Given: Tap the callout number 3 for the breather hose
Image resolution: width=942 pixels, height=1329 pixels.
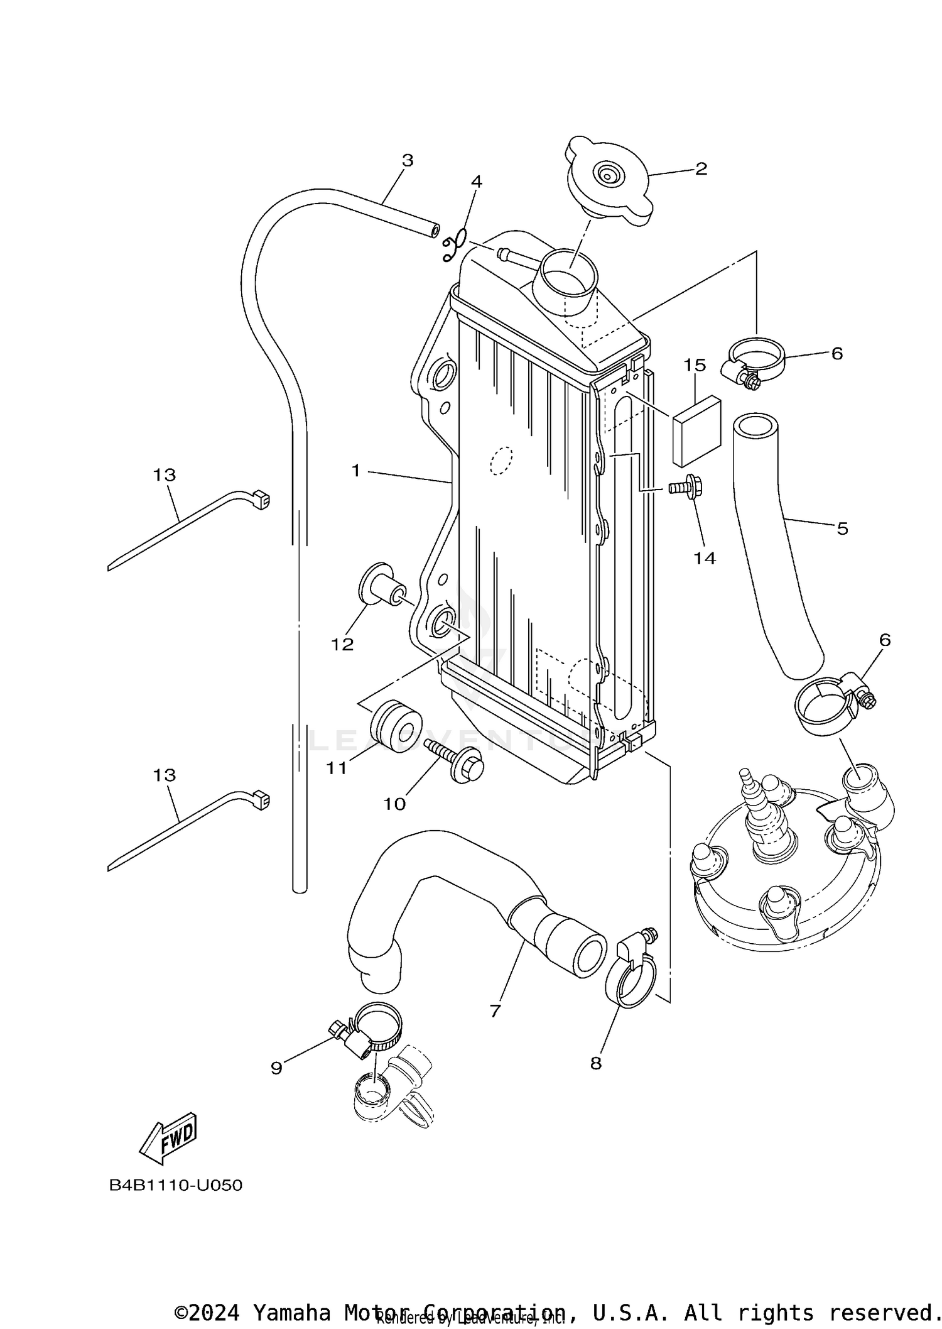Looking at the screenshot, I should click(408, 160).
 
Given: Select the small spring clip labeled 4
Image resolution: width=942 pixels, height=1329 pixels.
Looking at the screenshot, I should click(455, 246).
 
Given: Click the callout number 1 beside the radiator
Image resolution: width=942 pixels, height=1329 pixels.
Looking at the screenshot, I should click(356, 470).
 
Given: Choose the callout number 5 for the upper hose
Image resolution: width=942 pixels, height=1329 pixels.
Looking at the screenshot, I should click(842, 528).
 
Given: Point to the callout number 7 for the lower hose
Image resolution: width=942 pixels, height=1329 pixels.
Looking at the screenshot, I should click(495, 1011).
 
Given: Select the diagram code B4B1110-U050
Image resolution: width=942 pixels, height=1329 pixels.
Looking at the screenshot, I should click(176, 1186).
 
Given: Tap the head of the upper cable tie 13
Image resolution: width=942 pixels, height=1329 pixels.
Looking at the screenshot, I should click(260, 500).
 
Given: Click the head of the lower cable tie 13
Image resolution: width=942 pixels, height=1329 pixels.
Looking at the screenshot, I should click(260, 800).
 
